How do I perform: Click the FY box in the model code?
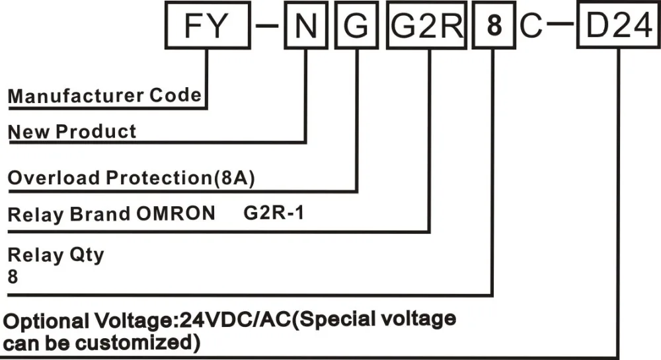[206, 27]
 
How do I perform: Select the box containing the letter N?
[305, 27]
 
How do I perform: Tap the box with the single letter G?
[356, 27]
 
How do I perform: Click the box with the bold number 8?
[492, 27]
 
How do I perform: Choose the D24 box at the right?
[618, 27]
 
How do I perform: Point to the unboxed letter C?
[531, 27]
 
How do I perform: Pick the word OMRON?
[182, 214]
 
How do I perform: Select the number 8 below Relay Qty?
[13, 277]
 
